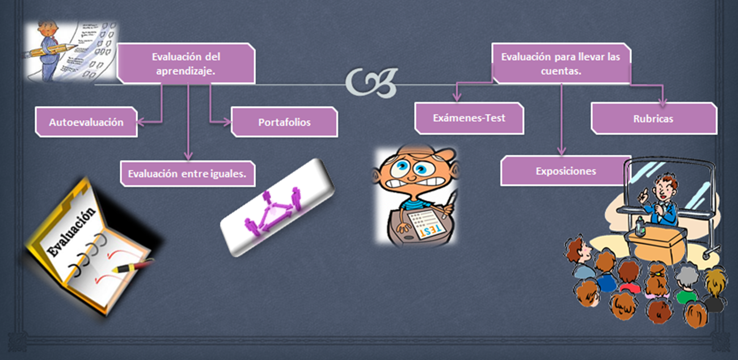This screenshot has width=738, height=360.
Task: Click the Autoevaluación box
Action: [86, 122]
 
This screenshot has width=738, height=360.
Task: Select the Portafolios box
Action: [284, 122]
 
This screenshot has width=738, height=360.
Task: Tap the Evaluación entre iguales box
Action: [187, 173]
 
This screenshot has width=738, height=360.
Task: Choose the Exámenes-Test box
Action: [469, 118]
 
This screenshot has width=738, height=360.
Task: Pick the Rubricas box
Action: [653, 118]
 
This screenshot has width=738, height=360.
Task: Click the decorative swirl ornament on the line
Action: [372, 83]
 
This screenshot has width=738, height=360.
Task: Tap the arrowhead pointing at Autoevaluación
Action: [142, 121]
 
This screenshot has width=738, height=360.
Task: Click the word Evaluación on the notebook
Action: [71, 233]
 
